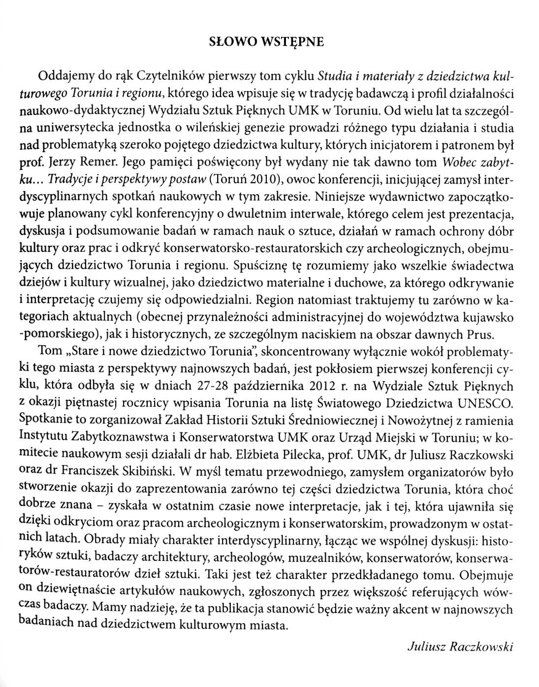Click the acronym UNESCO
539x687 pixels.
pyautogui.click(x=485, y=403)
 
